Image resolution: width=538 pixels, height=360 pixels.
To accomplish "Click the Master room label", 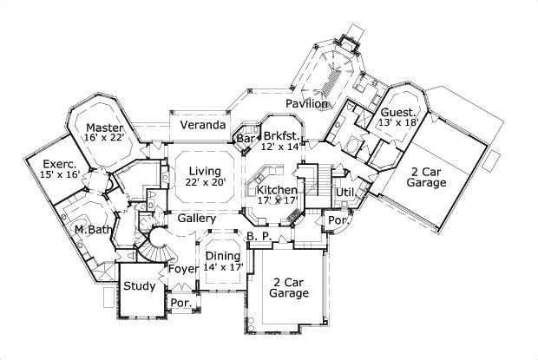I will point(104,128).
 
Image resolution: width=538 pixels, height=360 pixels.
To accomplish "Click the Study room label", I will point(139,286).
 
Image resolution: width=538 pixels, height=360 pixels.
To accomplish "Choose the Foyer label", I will point(182,269).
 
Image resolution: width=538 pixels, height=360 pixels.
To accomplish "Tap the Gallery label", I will point(197,219).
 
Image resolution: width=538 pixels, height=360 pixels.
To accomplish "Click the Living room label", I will point(204,170).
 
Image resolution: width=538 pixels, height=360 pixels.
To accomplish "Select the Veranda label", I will point(197,125).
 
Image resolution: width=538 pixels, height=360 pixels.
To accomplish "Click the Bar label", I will point(246,138).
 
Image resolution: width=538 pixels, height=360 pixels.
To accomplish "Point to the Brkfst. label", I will point(281,136).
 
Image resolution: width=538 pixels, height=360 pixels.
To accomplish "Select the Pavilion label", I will point(307,103).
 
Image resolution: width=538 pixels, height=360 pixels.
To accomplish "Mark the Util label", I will point(344,190).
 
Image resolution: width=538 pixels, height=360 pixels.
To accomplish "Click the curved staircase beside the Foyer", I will point(158,245).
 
